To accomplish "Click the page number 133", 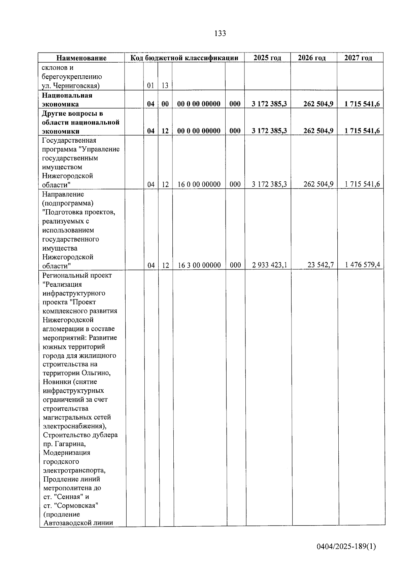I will (220, 33).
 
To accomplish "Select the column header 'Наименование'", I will (81, 58).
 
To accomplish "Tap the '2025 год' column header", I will (267, 58).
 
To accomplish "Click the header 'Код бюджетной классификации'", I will (184, 58).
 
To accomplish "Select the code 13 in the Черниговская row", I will (165, 85).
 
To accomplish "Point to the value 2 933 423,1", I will (269, 265).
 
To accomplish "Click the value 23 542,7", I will (321, 265).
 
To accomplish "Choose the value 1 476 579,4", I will (363, 265).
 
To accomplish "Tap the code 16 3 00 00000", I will (199, 265).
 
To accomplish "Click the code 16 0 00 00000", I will (199, 184).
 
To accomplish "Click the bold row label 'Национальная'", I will (67, 95).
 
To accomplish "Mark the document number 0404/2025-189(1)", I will (346, 547).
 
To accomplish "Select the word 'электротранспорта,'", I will (74, 470).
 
